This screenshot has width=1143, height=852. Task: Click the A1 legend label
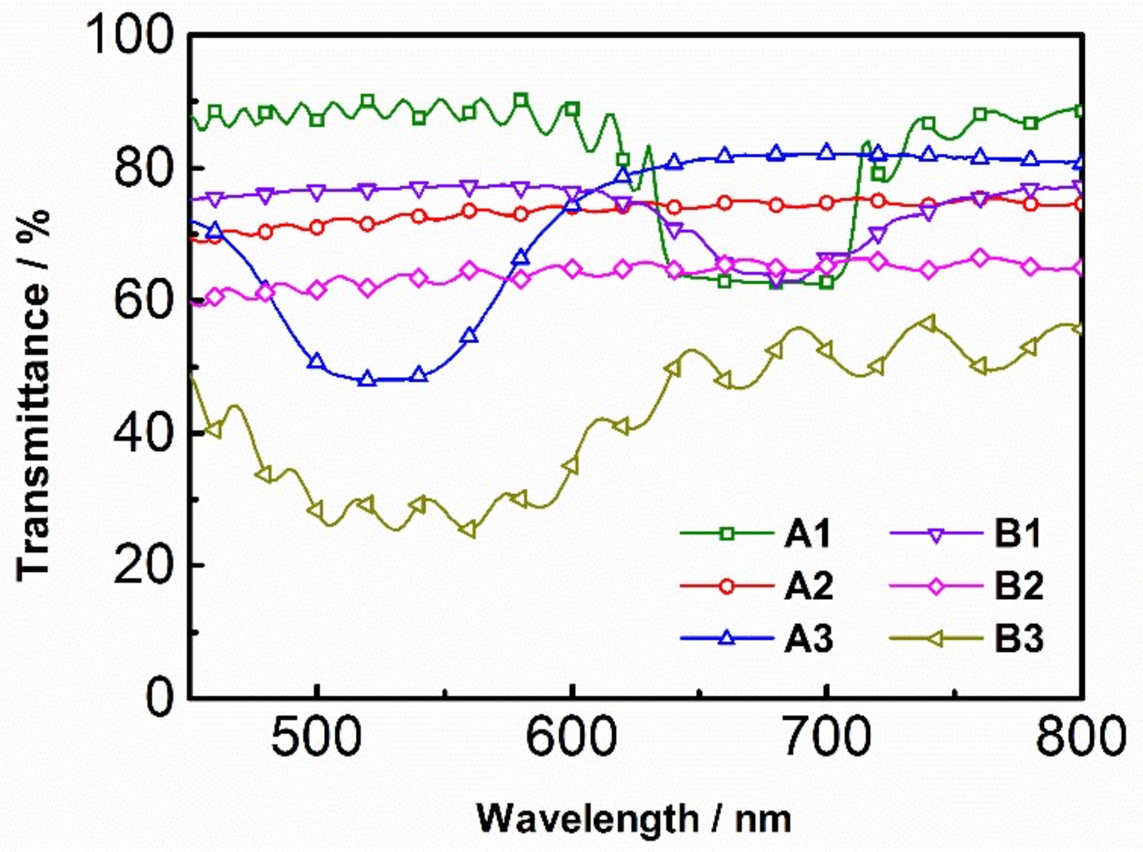(807, 535)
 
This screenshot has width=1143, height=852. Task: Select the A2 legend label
(808, 586)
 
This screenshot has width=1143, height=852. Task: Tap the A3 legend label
(808, 638)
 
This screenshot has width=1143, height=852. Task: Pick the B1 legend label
(1017, 535)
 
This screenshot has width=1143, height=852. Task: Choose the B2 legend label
(1019, 586)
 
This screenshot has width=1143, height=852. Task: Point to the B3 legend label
(1019, 638)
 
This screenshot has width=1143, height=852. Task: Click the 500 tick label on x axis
(316, 737)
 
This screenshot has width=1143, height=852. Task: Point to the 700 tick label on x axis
(827, 737)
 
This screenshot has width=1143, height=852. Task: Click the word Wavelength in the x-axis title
(588, 819)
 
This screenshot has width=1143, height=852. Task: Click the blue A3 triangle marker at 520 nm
(367, 380)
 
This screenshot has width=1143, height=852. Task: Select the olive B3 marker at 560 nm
(469, 530)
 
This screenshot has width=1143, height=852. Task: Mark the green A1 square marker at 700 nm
(827, 282)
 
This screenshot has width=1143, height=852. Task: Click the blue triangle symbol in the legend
(727, 638)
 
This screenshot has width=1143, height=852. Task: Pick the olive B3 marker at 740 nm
(929, 323)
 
